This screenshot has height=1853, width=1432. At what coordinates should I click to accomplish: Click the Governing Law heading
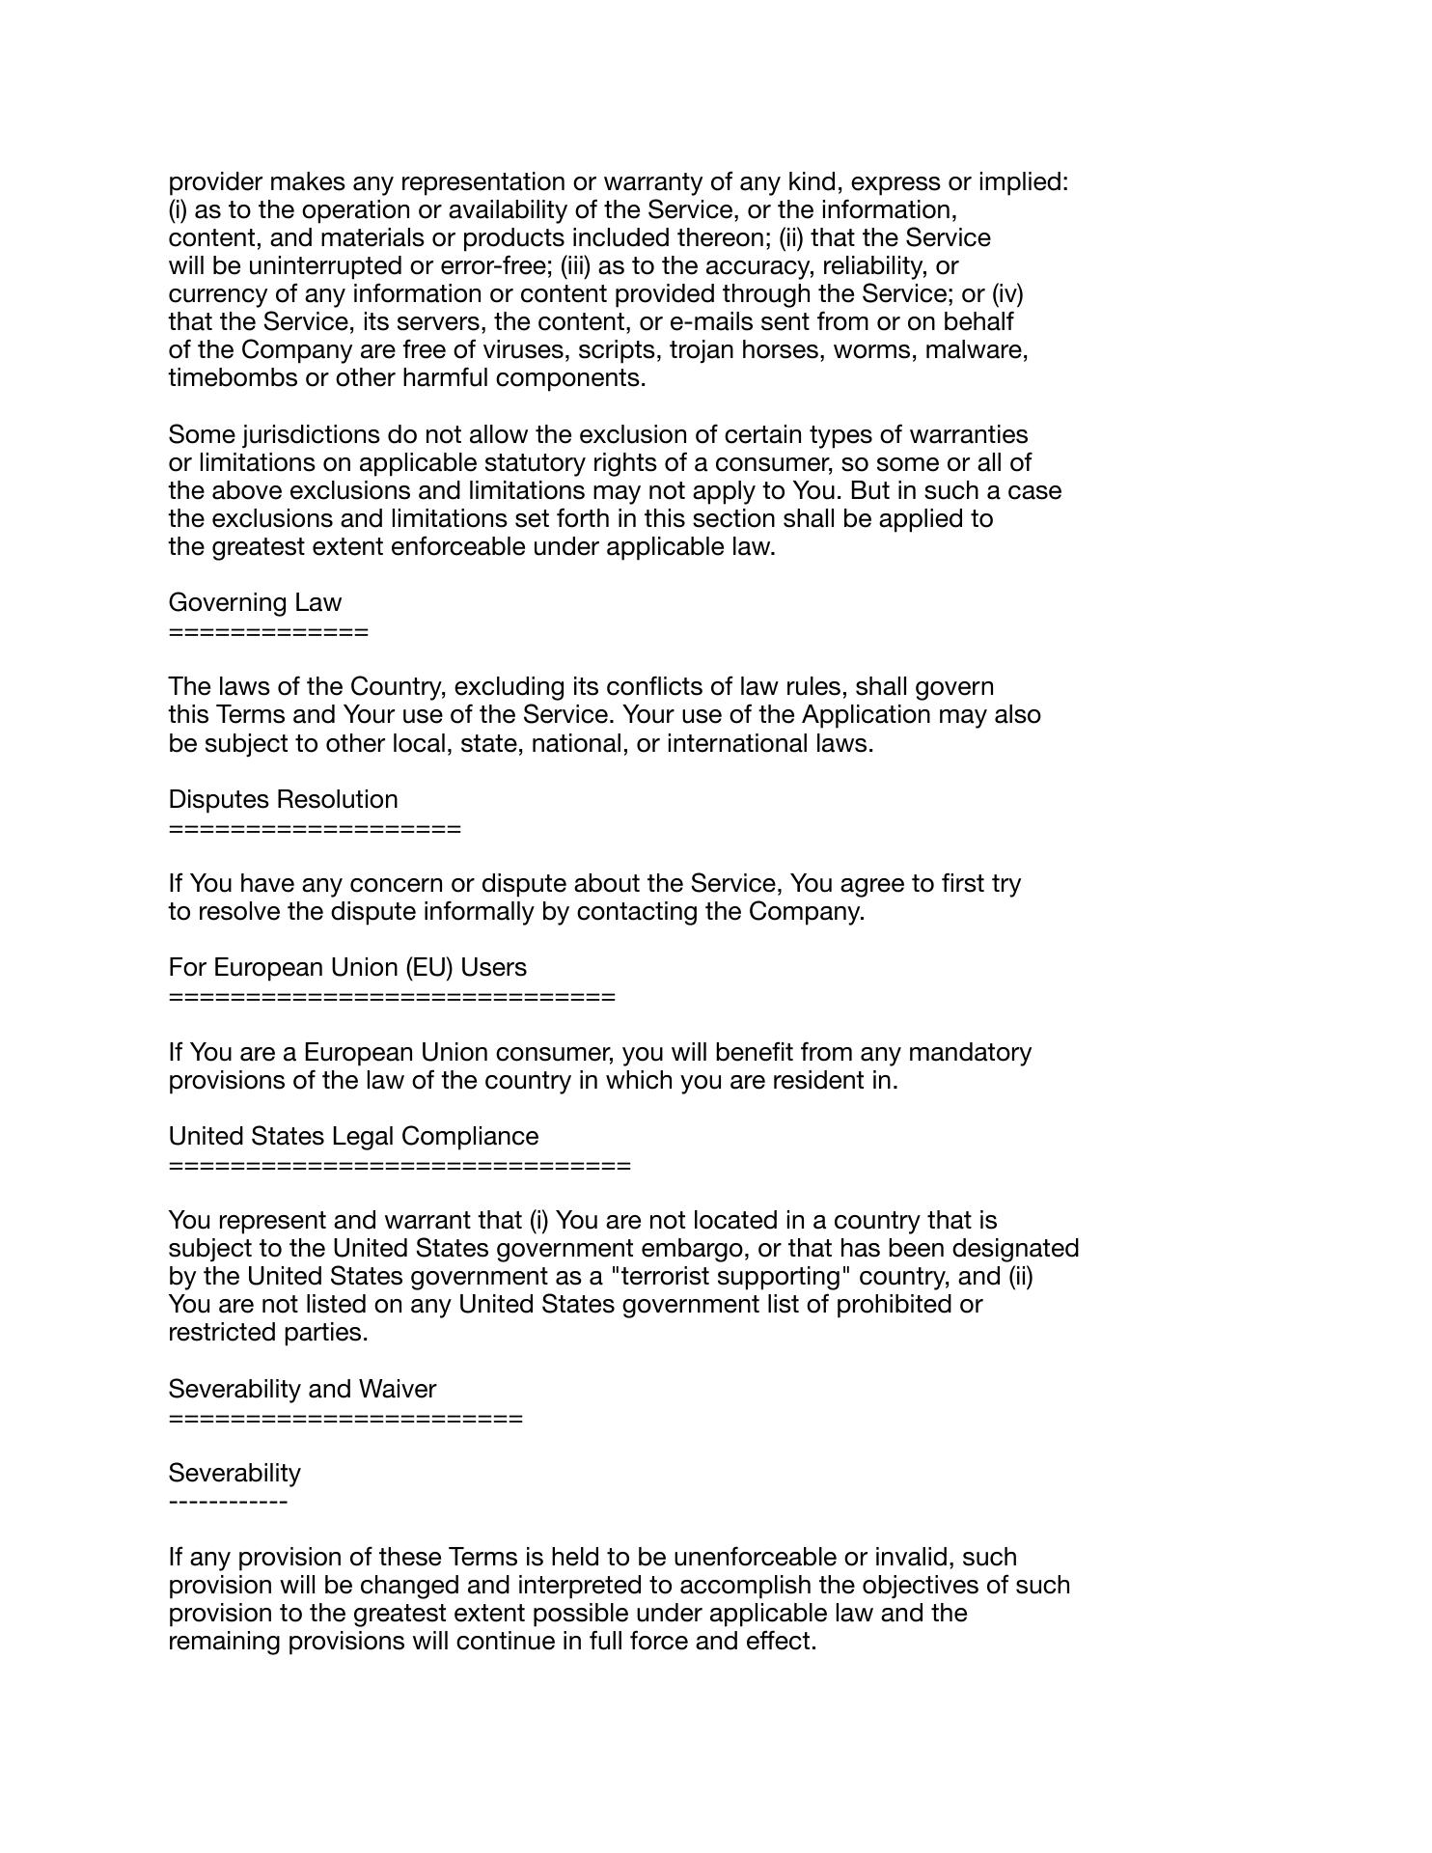[x=255, y=603]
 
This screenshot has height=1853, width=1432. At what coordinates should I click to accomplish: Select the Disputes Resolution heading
[x=283, y=800]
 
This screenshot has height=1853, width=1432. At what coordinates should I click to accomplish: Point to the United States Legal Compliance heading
[x=353, y=1137]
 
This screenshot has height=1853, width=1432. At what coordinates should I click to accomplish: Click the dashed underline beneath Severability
[x=228, y=1503]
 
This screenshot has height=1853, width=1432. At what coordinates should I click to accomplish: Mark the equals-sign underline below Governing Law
[x=268, y=633]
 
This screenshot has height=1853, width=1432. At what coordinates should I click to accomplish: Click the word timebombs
[x=234, y=378]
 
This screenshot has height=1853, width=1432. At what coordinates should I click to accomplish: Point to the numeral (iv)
[x=1006, y=294]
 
